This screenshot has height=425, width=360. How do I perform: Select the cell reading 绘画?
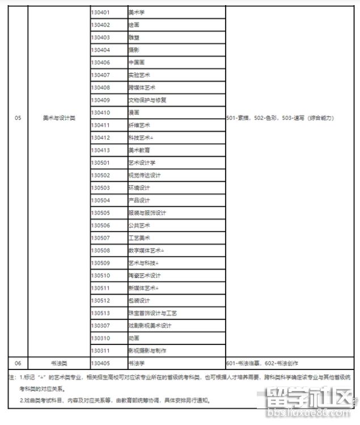pos(134,24)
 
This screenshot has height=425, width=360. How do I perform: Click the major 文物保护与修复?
pos(147,100)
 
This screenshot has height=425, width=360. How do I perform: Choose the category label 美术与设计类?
pos(59,118)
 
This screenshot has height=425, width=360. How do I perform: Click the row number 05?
pos(18,118)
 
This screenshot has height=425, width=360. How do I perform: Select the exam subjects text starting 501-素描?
pos(280,118)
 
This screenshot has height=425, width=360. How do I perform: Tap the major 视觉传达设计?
pos(145,175)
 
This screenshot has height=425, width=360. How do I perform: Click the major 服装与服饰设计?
pos(147,213)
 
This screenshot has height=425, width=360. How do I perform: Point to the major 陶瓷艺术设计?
pos(145,275)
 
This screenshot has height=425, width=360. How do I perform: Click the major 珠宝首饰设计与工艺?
pos(153,313)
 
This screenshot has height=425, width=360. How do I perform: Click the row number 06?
pos(18,363)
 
